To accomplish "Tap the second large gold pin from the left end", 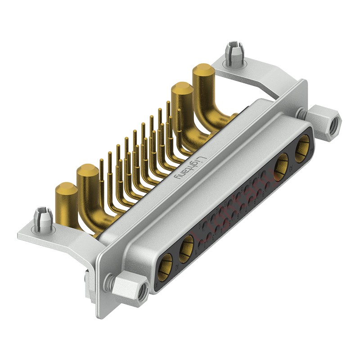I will tap(88, 173).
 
